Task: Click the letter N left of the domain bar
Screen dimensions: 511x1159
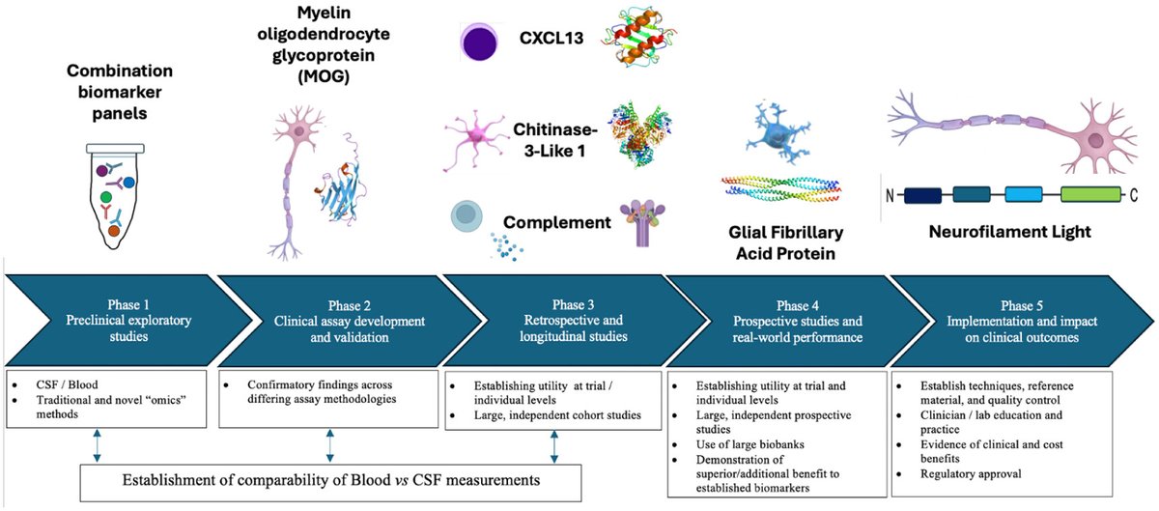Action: pyautogui.click(x=890, y=194)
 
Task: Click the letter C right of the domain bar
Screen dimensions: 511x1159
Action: pyautogui.click(x=1134, y=194)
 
